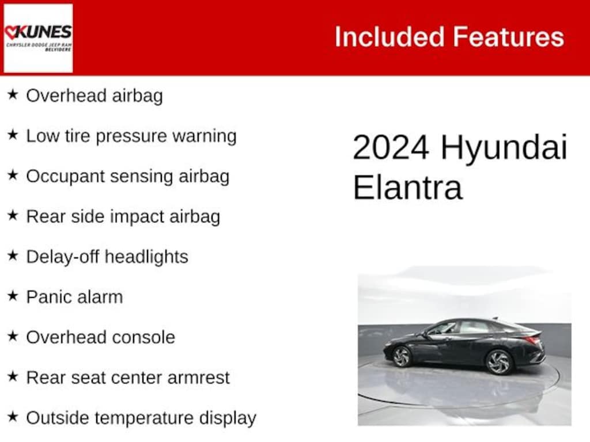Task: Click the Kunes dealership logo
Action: point(38,38)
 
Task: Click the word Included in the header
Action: point(389,37)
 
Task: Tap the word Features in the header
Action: point(508,37)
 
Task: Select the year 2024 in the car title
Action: point(391,147)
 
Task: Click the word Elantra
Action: point(407,188)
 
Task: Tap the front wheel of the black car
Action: point(401,356)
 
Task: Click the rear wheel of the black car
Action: point(499,362)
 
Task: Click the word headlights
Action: point(146,257)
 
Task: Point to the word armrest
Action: point(198,378)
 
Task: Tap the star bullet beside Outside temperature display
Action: point(13,417)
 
